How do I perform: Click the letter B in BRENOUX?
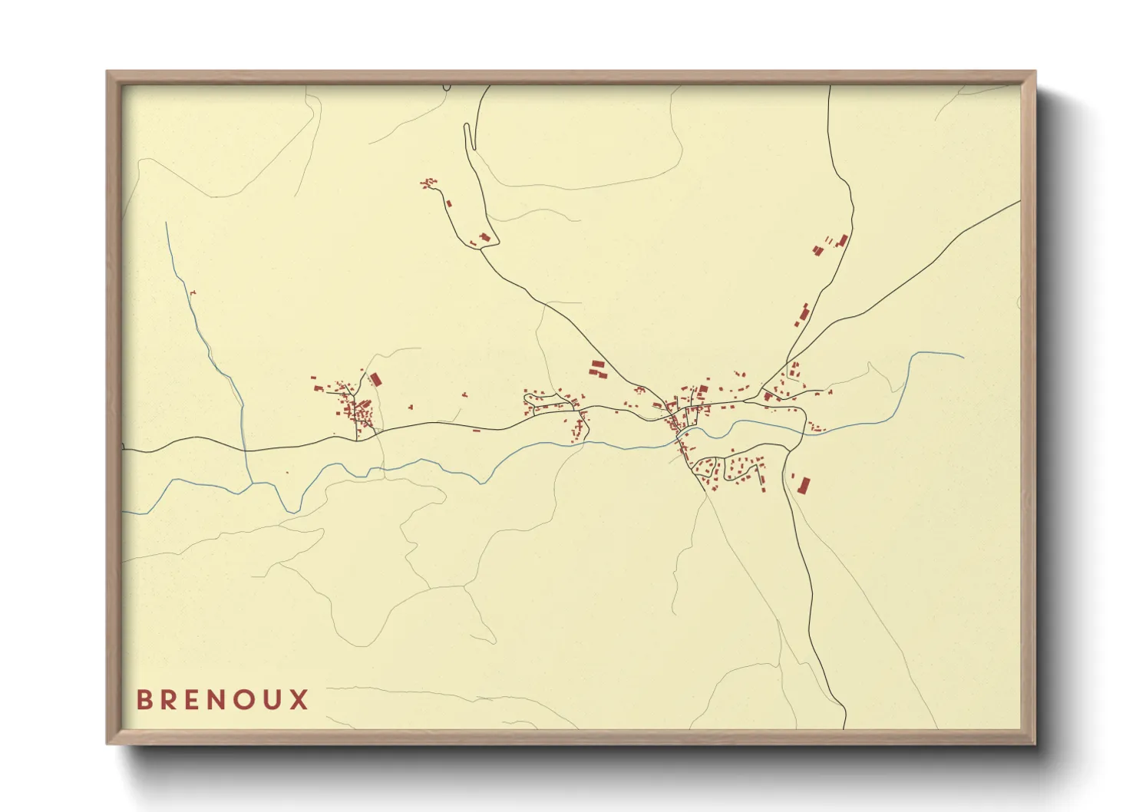(144, 700)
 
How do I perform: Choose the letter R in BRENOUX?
(169, 700)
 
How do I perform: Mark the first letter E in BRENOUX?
(193, 700)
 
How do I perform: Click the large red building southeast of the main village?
(804, 485)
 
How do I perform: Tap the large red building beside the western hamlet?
(375, 379)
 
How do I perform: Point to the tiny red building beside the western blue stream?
(193, 292)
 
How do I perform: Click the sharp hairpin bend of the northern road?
(466, 127)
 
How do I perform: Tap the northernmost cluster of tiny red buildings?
(428, 183)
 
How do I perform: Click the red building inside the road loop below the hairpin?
(484, 237)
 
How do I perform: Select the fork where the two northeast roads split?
(788, 358)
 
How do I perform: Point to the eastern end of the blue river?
(962, 356)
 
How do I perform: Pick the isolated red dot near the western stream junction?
(288, 473)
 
